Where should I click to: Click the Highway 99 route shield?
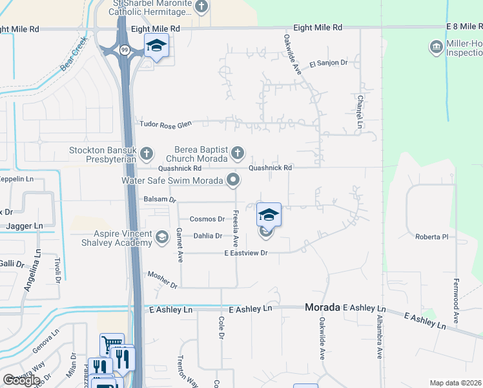[x=123, y=48]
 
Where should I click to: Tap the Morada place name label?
[x=322, y=308]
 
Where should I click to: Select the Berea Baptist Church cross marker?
[x=238, y=153]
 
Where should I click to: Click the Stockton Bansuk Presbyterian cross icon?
[x=147, y=153]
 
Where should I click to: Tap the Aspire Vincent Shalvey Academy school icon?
[x=161, y=237]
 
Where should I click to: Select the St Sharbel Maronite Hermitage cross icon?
[x=201, y=7]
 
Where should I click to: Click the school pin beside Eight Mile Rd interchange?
[x=156, y=46]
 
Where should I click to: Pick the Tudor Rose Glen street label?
[x=166, y=124]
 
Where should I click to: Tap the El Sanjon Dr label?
[x=328, y=63]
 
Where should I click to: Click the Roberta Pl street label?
[x=431, y=237]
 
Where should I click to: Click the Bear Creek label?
[x=72, y=54]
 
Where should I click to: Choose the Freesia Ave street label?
[x=236, y=228]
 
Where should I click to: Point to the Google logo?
[x=21, y=380]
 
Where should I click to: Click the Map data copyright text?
[x=455, y=383]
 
